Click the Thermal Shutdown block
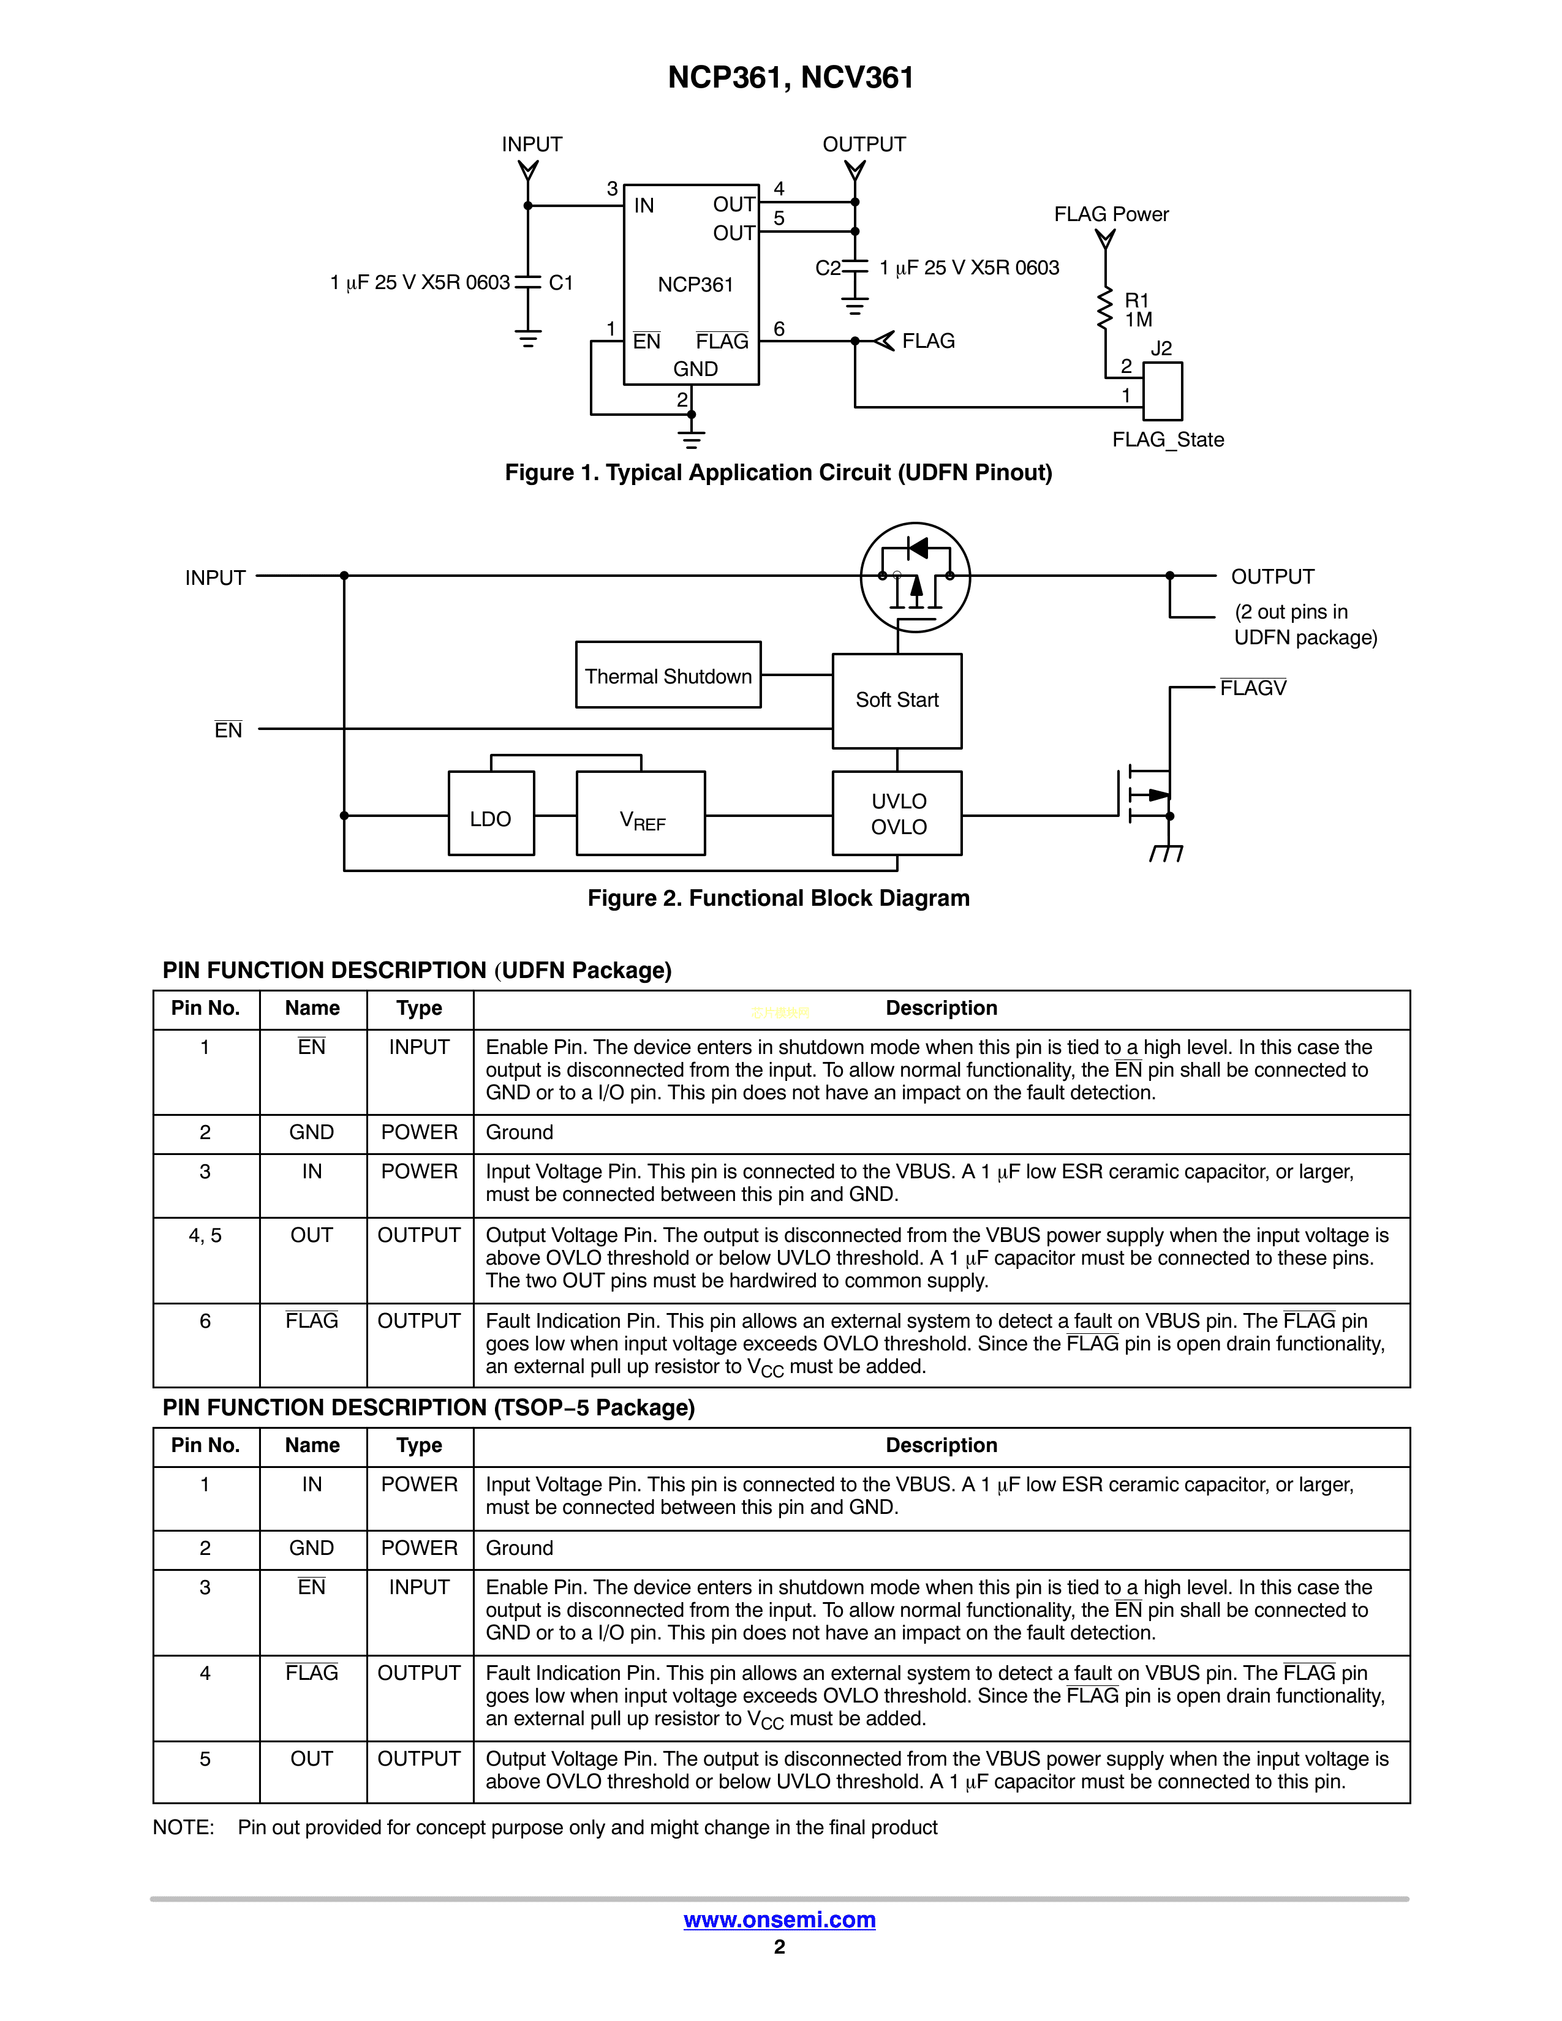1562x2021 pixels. tap(668, 676)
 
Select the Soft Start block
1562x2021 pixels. tap(897, 701)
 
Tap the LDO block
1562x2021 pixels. tap(491, 815)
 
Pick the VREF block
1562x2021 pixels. tap(640, 815)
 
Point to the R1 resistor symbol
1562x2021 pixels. tap(1105, 309)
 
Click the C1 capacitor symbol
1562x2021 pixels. tap(527, 282)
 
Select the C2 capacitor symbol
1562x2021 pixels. tap(855, 268)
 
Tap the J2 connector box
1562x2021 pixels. tap(1162, 391)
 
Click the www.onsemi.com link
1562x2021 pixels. tap(779, 1920)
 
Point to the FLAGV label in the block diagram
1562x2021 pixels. tap(1253, 688)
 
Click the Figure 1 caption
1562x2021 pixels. tap(778, 473)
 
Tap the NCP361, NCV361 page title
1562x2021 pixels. tap(790, 78)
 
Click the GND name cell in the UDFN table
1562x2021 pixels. tap(312, 1132)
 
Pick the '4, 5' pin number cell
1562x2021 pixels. tap(205, 1235)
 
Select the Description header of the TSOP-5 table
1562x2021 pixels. tap(941, 1445)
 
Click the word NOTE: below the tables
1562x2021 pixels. tap(183, 1827)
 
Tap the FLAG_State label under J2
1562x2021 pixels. tap(1168, 440)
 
